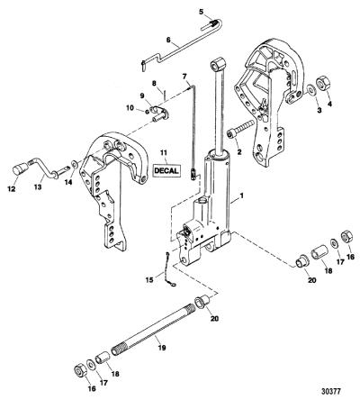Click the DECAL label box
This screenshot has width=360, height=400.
click(x=166, y=171)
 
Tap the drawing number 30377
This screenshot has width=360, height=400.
click(x=331, y=392)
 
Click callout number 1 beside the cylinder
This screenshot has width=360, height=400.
click(x=242, y=196)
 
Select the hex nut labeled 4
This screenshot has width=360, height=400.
click(x=324, y=82)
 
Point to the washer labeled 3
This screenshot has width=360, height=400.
click(x=311, y=89)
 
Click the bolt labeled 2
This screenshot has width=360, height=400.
click(x=241, y=130)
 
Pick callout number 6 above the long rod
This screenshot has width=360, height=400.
click(x=167, y=40)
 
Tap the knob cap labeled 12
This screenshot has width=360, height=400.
click(x=19, y=170)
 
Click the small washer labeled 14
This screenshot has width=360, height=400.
click(x=74, y=164)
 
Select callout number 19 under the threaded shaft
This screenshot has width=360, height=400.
click(x=162, y=348)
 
